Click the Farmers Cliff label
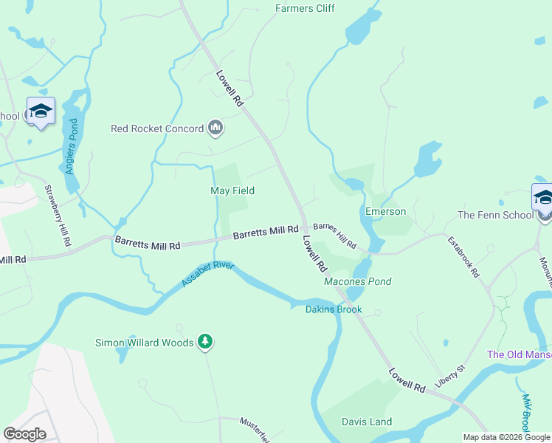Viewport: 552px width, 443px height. [x=305, y=8]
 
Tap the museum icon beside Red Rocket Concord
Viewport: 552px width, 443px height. [x=215, y=128]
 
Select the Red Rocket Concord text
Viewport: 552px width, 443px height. [x=156, y=128]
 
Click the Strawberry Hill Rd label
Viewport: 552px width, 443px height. [x=58, y=216]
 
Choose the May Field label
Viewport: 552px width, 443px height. [x=232, y=190]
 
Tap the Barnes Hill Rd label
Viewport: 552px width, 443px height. [x=334, y=235]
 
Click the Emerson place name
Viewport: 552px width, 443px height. [x=385, y=211]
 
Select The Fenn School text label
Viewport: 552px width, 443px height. [x=494, y=215]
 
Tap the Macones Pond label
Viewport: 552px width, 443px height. [x=358, y=281]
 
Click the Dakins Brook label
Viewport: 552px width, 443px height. [x=334, y=309]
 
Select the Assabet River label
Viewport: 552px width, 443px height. [x=207, y=274]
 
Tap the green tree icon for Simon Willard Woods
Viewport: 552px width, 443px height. [x=206, y=342]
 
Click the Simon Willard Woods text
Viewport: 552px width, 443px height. [x=144, y=343]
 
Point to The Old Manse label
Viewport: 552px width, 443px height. [x=519, y=354]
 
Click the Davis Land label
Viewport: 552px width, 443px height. [x=367, y=422]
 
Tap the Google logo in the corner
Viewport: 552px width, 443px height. [x=25, y=433]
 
